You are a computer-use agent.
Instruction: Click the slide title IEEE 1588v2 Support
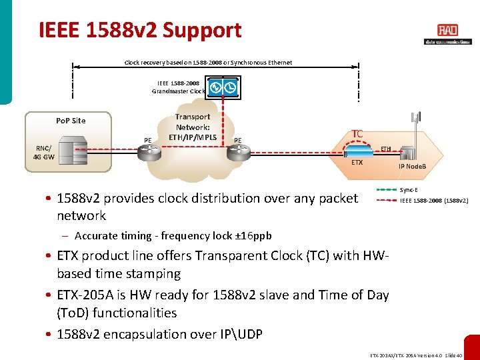(x=140, y=30)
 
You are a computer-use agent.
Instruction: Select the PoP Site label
(x=71, y=121)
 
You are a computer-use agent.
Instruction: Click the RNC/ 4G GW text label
(x=44, y=153)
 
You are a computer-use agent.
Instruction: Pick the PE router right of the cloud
(x=237, y=153)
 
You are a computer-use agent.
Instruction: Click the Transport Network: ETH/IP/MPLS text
(x=193, y=127)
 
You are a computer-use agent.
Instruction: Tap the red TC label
(x=357, y=134)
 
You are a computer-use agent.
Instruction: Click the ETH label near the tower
(x=386, y=149)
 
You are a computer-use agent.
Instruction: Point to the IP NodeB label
(x=412, y=166)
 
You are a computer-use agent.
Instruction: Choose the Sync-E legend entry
(x=409, y=189)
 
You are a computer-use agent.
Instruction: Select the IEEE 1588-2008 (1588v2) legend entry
(x=433, y=200)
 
